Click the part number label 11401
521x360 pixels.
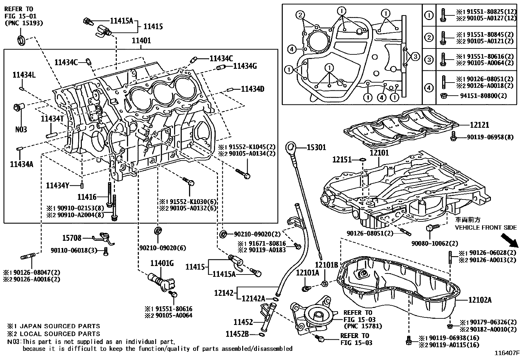pyautogui.click(x=141, y=41)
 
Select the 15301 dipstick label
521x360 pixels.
pyautogui.click(x=316, y=147)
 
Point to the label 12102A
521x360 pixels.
pyautogui.click(x=480, y=300)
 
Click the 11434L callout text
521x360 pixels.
pyautogui.click(x=24, y=75)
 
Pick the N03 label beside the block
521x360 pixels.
pyautogui.click(x=21, y=129)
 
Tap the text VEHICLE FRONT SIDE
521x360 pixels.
pyautogui.click(x=486, y=227)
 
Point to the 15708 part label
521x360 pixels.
pyautogui.click(x=72, y=238)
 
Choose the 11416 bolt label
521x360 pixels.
pyautogui.click(x=87, y=197)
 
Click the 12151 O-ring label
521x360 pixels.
pyautogui.click(x=342, y=160)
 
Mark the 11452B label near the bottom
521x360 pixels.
pyautogui.click(x=237, y=334)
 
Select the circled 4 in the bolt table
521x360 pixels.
pyautogui.click(x=429, y=87)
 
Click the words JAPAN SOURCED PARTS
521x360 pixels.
pyautogui.click(x=60, y=326)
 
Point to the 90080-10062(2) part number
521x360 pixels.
pyautogui.click(x=435, y=243)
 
